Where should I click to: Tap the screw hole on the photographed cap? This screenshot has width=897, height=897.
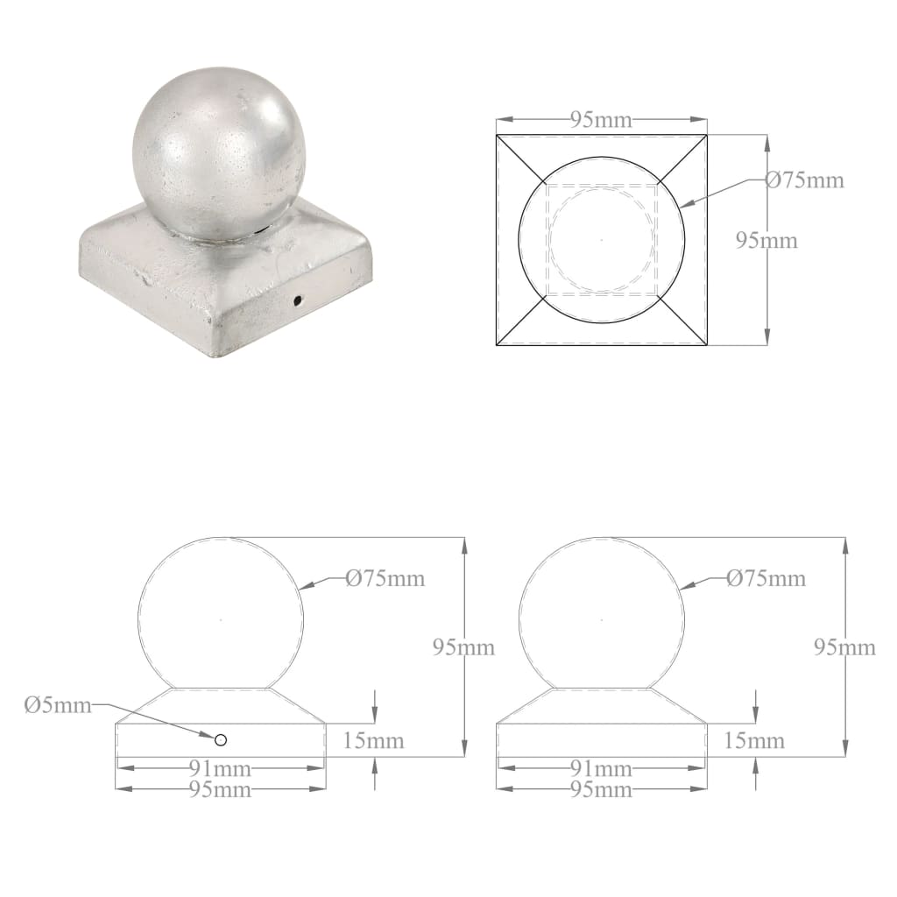[x=298, y=301]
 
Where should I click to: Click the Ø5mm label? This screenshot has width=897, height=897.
[x=58, y=706]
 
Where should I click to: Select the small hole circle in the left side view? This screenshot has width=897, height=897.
[x=221, y=739]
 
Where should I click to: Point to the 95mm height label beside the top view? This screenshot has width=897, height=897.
[x=766, y=240]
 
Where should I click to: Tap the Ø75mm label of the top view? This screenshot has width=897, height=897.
[x=804, y=180]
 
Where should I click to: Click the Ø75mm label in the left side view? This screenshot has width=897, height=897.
[x=385, y=578]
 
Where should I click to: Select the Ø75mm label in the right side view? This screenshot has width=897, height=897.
[x=766, y=578]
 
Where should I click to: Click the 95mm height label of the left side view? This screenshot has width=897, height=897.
[x=464, y=647]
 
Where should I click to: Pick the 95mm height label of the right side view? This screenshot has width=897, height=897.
[x=844, y=647]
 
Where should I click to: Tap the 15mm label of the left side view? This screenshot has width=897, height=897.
[x=374, y=741]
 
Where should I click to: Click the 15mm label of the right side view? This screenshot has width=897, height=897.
[x=754, y=741]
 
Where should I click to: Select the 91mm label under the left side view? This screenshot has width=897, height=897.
[x=221, y=769]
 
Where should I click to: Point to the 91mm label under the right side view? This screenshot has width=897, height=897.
[x=601, y=769]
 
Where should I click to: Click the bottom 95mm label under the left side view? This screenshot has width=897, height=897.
[x=221, y=790]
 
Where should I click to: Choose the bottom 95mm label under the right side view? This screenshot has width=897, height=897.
[x=601, y=790]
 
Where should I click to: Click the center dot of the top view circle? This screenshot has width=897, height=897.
[x=601, y=239]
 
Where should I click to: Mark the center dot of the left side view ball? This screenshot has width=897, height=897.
[x=221, y=620]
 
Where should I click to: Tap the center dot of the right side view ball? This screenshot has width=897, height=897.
[x=601, y=620]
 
